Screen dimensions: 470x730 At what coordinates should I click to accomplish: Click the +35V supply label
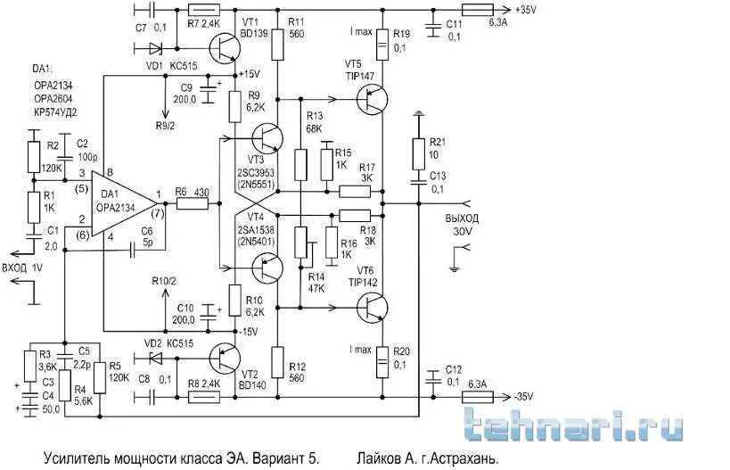point(528,10)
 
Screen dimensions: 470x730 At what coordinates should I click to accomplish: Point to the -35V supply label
point(527,396)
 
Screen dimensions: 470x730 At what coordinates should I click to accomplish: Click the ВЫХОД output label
point(462,218)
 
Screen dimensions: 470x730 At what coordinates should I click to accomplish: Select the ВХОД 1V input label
point(25,267)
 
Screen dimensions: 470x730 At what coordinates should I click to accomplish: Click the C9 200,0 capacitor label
point(186,95)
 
